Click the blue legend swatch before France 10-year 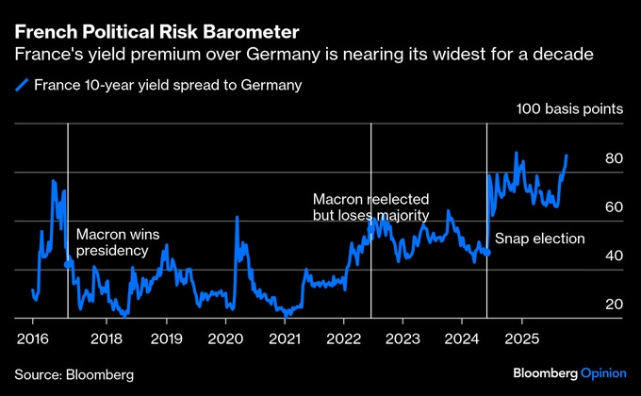pos(22,85)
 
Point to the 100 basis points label pos(569,109)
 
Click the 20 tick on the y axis pos(614,304)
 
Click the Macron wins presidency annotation pos(113,242)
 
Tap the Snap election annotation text pos(540,239)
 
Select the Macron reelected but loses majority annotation pos(370,207)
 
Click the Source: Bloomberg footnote pos(74,374)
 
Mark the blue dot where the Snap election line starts pos(486,253)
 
